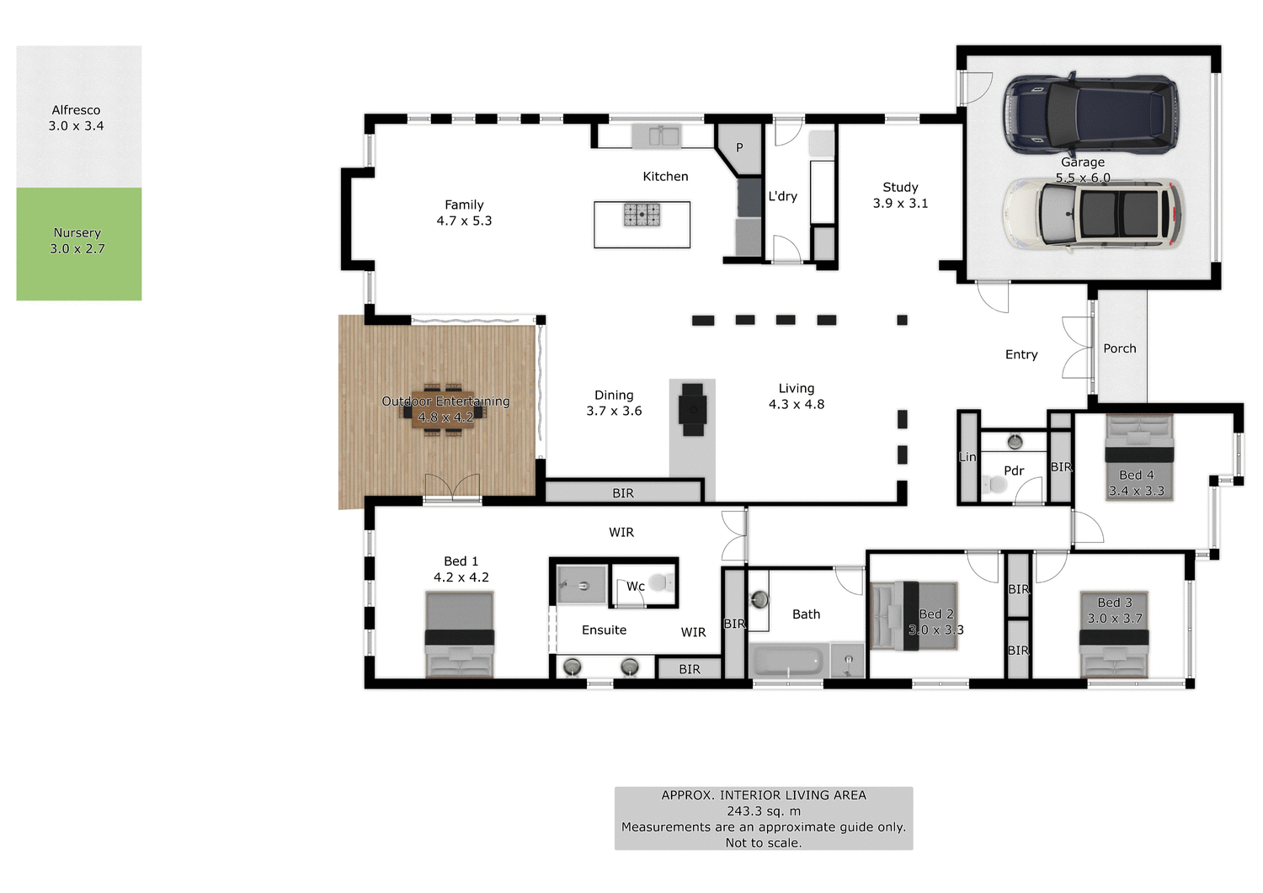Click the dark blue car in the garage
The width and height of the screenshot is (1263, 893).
pos(1091,114)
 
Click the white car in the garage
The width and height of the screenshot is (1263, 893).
pos(1093,215)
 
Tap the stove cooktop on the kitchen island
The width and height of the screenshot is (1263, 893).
pos(642,215)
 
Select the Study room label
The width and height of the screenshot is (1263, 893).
pos(900,188)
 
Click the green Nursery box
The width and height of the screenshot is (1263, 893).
pos(78,244)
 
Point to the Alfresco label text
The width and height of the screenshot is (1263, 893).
pos(76,110)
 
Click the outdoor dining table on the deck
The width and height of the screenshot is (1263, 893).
pos(443,412)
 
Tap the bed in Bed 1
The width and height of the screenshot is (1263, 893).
pos(459,635)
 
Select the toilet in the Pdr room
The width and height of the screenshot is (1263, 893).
pos(995,485)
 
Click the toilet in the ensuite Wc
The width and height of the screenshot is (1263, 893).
pos(662,582)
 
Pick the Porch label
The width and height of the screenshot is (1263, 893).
pos(1120,348)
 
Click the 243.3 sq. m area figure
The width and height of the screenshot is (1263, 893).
pos(764,811)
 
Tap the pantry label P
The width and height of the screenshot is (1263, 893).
pos(739,147)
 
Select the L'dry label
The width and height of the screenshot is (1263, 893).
pos(782,196)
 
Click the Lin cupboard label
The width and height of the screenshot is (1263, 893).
pos(967,457)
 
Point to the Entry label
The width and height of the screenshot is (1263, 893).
pos(1021,355)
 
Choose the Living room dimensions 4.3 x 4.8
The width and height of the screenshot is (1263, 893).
pos(797,405)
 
